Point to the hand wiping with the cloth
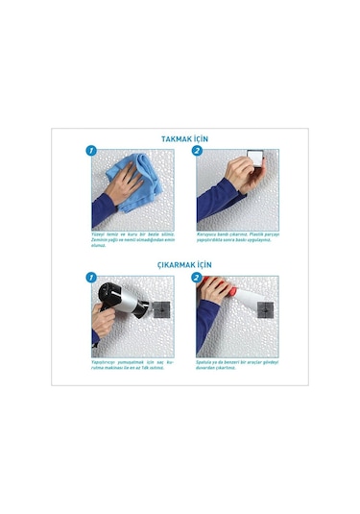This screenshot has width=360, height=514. [x=113, y=192]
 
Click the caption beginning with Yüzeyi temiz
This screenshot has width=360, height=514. [x=132, y=241]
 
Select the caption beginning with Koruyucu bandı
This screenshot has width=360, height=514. [x=235, y=240]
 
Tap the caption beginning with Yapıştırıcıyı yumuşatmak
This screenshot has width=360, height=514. [x=132, y=366]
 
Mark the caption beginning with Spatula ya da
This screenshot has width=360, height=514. [x=235, y=366]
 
